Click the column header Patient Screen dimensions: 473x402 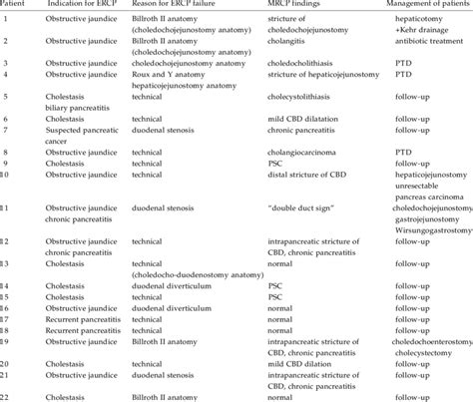click(x=16, y=8)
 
